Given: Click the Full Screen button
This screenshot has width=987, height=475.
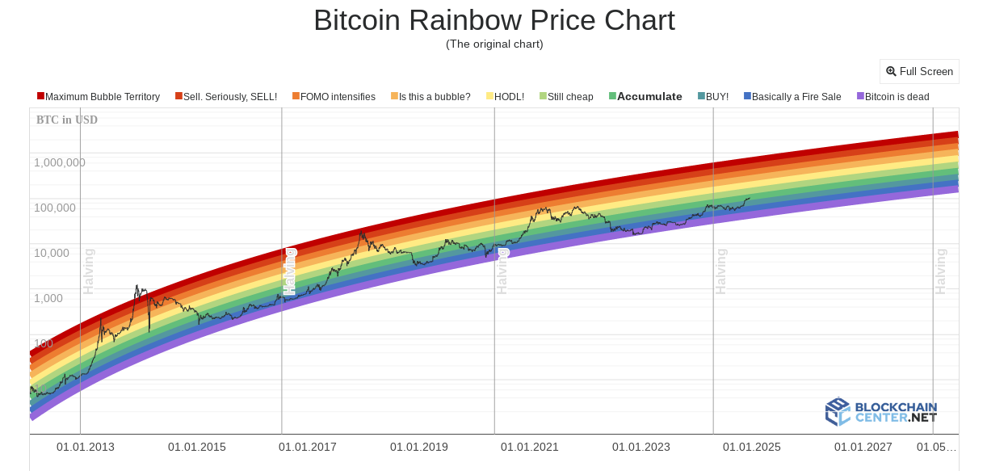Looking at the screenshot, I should point(919,71).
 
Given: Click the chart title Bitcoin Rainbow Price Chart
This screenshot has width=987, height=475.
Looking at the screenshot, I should point(493,20).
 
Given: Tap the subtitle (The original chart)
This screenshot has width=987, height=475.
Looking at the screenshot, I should point(494,44).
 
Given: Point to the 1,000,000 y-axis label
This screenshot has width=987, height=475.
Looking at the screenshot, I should point(60,162).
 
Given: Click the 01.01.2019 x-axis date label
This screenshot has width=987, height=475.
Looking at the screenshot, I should point(418,447).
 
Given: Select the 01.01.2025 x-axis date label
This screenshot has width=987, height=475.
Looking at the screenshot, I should point(751,447).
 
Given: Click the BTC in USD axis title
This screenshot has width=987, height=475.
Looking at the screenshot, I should point(67,120).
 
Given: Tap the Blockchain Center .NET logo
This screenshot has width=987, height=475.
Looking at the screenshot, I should point(881,411).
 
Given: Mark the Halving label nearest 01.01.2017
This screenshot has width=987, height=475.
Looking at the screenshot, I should point(290,271).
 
